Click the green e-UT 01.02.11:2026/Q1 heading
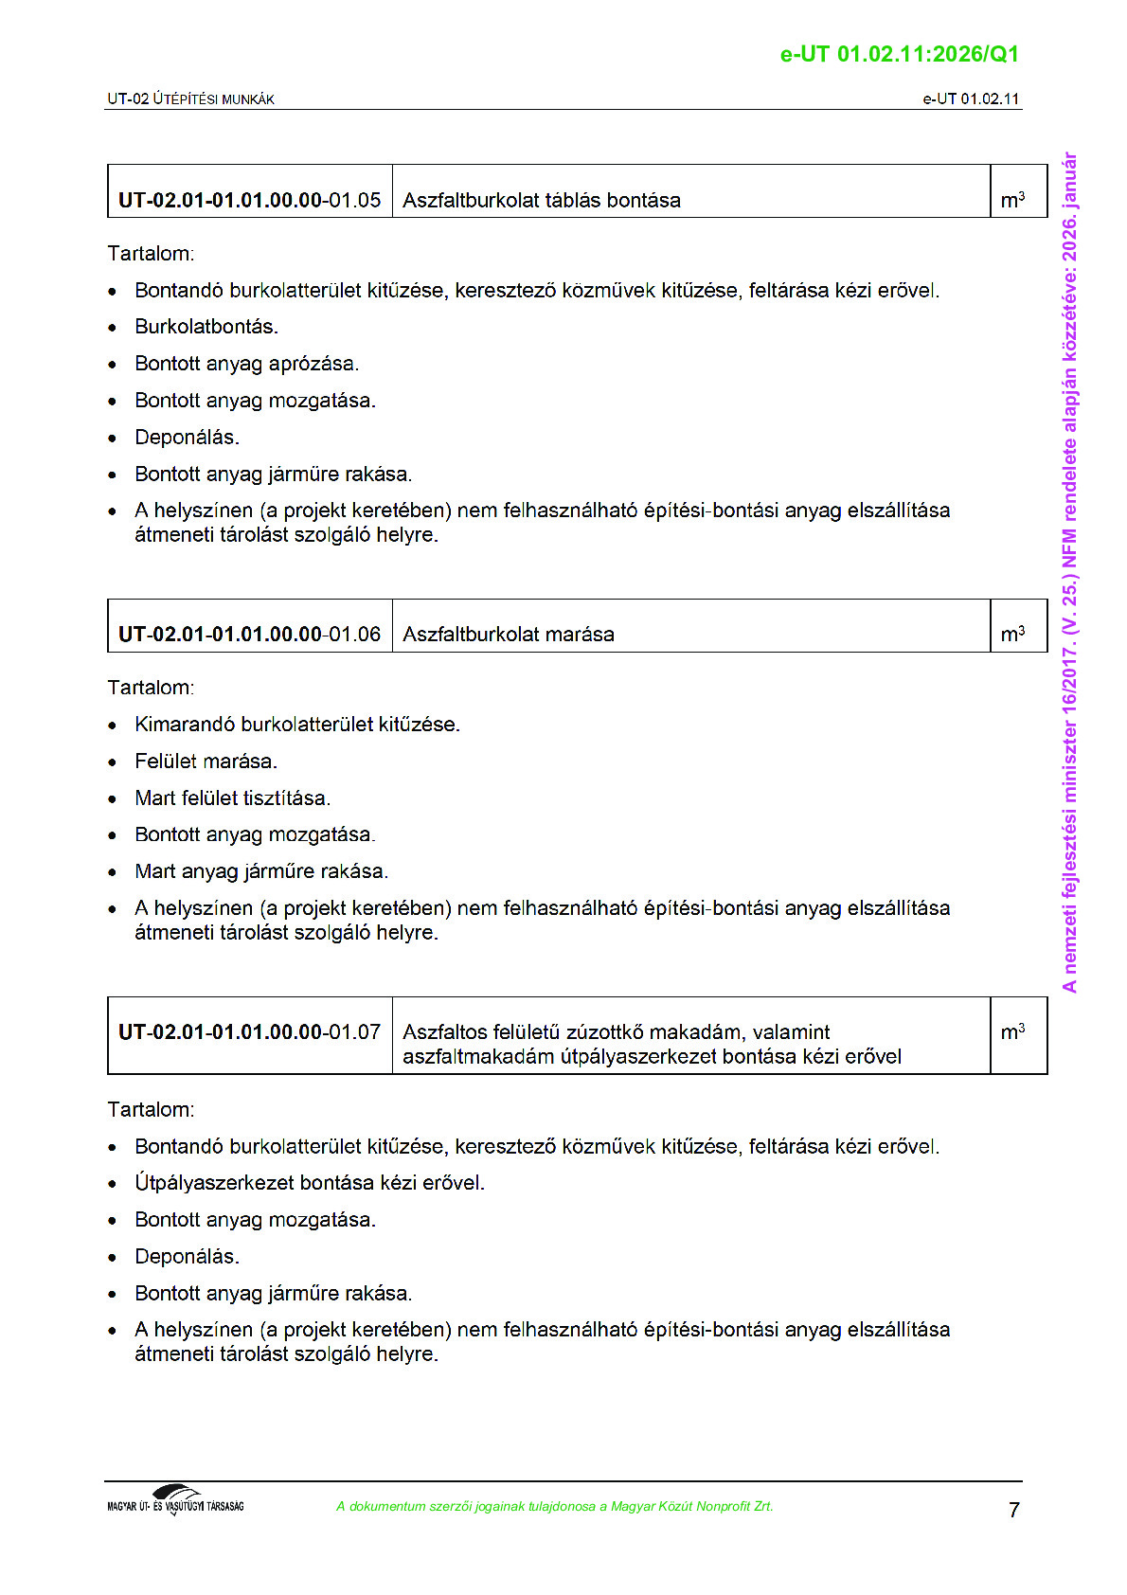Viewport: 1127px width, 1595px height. (x=899, y=54)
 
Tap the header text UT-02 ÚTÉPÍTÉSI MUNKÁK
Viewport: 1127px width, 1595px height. (x=190, y=99)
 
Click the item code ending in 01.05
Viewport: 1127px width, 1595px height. (x=249, y=200)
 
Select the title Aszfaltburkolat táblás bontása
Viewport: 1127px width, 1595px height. (x=541, y=200)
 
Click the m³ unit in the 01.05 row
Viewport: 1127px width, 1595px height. (x=1012, y=200)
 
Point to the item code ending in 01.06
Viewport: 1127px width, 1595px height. (x=249, y=634)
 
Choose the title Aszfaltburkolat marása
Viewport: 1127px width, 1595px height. (x=508, y=634)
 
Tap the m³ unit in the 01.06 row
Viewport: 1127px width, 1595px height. (x=1012, y=634)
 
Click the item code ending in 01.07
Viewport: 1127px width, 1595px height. (x=249, y=1031)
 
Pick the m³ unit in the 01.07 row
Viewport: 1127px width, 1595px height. (x=1012, y=1031)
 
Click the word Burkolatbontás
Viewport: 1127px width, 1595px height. (x=206, y=327)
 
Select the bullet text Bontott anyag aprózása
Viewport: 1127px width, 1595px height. (x=246, y=364)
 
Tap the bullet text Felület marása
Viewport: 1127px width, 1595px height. (x=206, y=761)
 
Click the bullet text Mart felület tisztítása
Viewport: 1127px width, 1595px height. (x=232, y=797)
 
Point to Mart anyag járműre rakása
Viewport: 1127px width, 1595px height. (x=261, y=870)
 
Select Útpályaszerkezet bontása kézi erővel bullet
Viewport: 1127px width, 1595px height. (x=309, y=1182)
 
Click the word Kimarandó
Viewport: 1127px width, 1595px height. (x=185, y=725)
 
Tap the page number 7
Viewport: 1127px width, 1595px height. (x=1013, y=1510)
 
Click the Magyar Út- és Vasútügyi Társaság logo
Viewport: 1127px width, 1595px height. (x=175, y=1500)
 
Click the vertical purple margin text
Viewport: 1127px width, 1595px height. (x=1069, y=572)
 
